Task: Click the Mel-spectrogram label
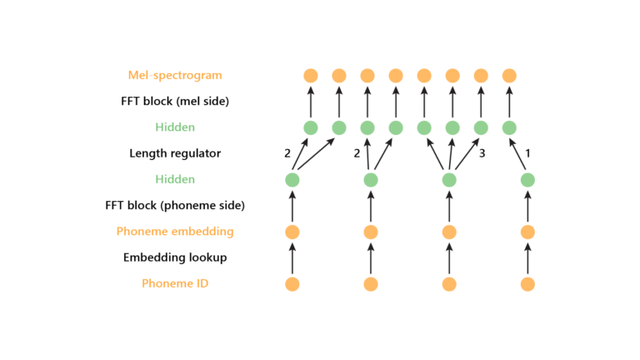(x=175, y=75)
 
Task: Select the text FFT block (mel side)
(x=175, y=101)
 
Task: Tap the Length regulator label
(x=175, y=153)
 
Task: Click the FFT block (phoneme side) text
(x=175, y=205)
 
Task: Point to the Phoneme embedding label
(x=175, y=231)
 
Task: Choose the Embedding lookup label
(x=175, y=257)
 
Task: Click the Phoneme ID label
(x=175, y=283)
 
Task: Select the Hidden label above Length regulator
(x=175, y=127)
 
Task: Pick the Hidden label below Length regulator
(x=175, y=179)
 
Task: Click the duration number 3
(x=482, y=153)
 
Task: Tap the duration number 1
(x=528, y=153)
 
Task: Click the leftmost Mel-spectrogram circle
(x=311, y=75)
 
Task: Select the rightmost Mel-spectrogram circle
(x=509, y=75)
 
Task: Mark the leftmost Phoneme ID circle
(x=292, y=284)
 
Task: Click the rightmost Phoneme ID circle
(x=527, y=284)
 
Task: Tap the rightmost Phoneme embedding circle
(x=527, y=232)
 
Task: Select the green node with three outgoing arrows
(x=449, y=180)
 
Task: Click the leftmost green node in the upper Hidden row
(x=311, y=127)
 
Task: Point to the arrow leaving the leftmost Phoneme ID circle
(x=292, y=257)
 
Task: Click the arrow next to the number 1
(x=518, y=154)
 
